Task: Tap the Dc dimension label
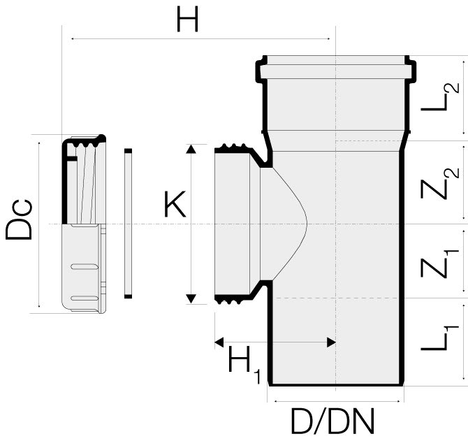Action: click(x=20, y=219)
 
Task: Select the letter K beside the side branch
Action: click(x=175, y=205)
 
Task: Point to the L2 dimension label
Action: click(x=441, y=97)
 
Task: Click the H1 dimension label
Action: click(x=244, y=363)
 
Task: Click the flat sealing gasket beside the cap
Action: click(x=128, y=224)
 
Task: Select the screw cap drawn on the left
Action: click(x=83, y=224)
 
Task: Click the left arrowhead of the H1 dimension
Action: click(x=218, y=342)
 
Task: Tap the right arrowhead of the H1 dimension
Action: click(x=332, y=342)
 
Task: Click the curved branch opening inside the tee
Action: click(x=286, y=224)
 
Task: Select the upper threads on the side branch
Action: click(x=233, y=149)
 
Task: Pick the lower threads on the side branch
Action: click(x=233, y=300)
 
